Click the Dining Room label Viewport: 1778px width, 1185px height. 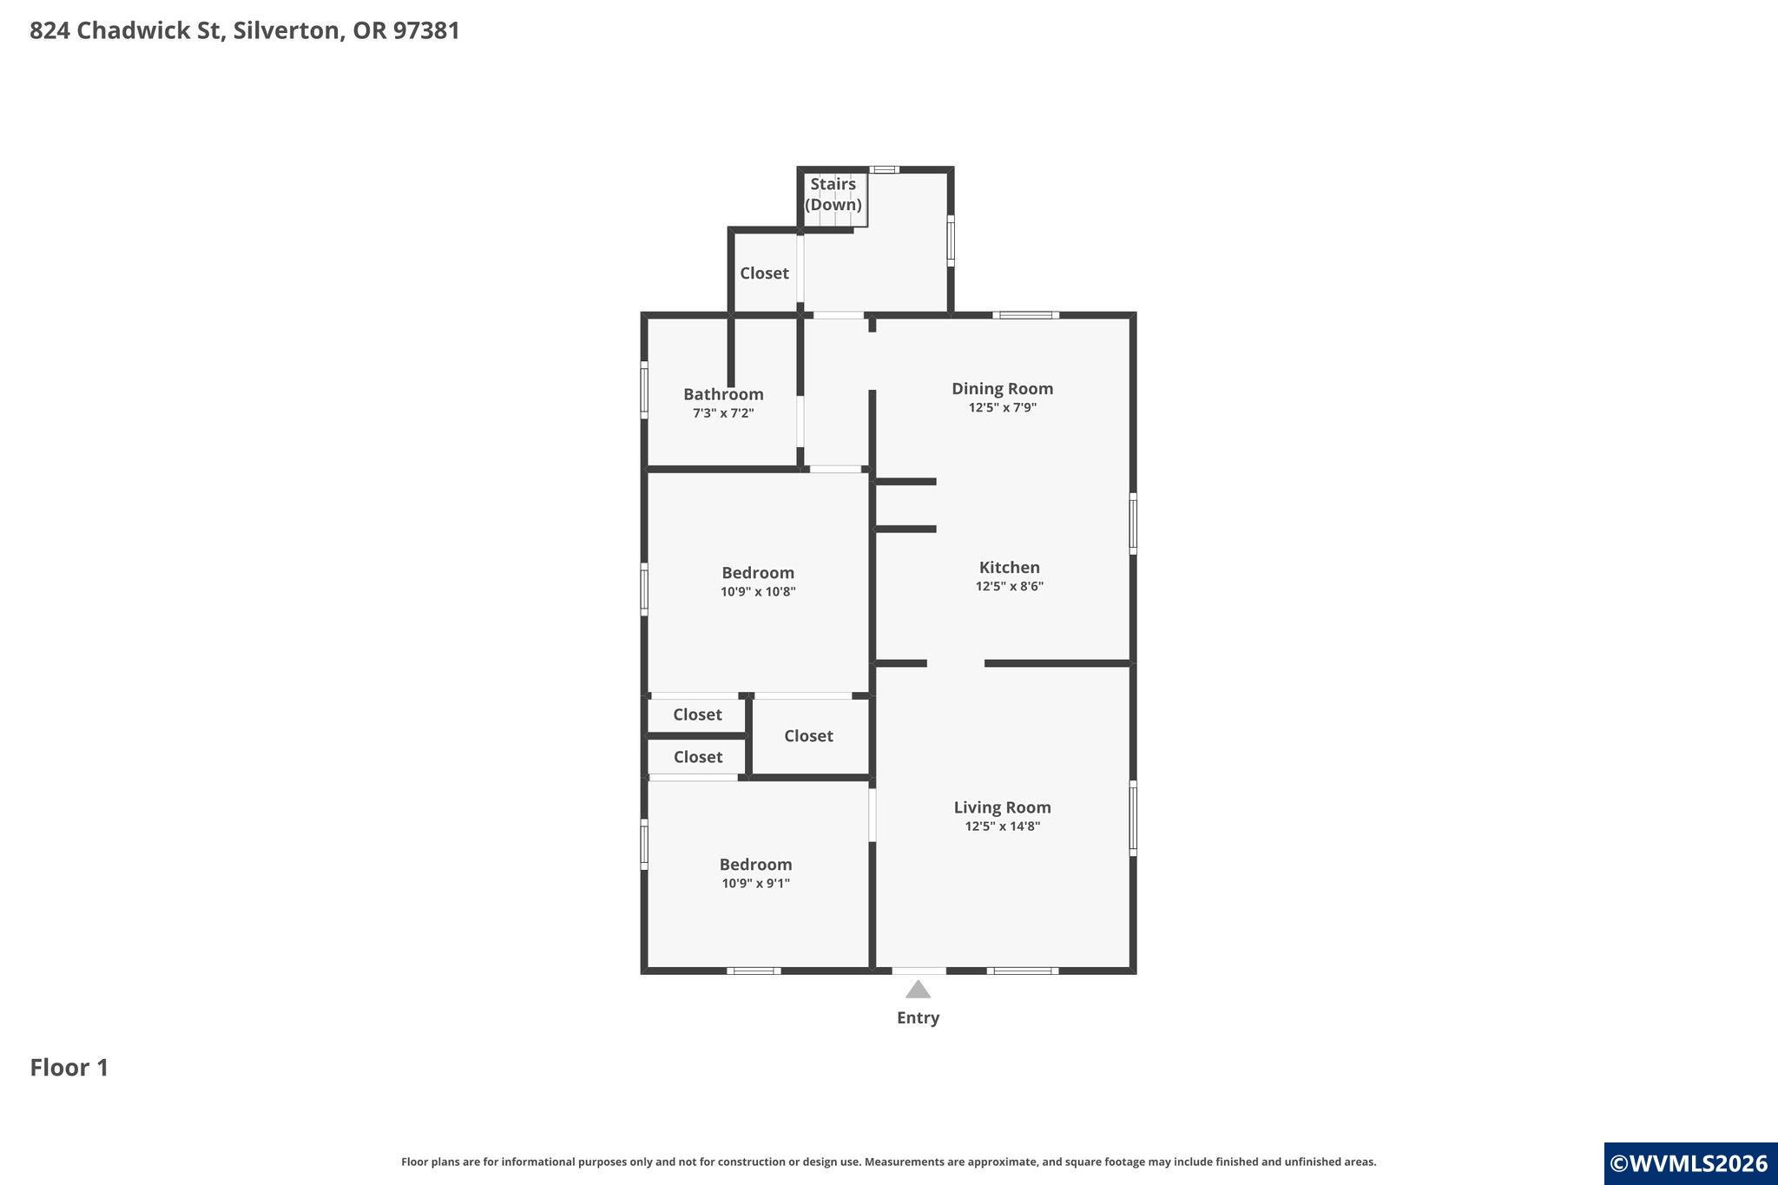coord(1002,389)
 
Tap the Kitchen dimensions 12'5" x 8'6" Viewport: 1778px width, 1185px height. coord(1009,586)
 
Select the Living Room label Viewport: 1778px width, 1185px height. coord(1002,807)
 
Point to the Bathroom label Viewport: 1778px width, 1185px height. coord(723,394)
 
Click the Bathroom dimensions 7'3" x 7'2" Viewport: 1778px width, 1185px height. coord(723,413)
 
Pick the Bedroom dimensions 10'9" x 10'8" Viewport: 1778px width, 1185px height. coord(758,592)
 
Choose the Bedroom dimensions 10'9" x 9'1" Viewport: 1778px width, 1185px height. coord(755,884)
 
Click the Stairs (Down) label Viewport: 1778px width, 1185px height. coord(833,194)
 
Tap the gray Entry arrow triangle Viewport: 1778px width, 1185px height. coord(919,990)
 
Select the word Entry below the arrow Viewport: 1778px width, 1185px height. coord(918,1017)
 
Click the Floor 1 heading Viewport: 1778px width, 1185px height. coord(69,1067)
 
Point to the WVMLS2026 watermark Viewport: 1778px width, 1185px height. coord(1689,1163)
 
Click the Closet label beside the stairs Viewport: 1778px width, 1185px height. coord(764,273)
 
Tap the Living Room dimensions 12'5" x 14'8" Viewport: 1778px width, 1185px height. coord(1002,826)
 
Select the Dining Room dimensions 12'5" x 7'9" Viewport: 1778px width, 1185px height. coord(1002,408)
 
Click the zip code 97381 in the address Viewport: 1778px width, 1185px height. coord(426,30)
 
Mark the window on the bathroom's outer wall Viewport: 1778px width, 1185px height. coord(644,390)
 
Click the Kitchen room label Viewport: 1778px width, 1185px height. coord(1009,568)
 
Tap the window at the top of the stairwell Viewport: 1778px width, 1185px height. coord(884,169)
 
